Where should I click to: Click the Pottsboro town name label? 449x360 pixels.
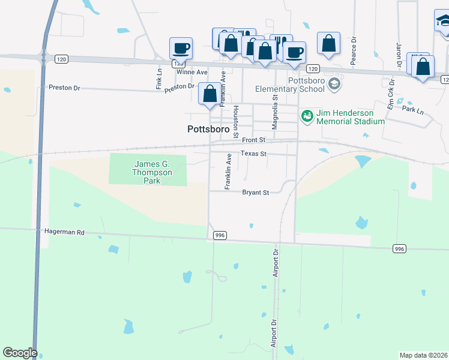(x=209, y=128)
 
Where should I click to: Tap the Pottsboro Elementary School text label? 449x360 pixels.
(x=306, y=85)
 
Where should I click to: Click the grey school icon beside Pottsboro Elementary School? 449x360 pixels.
(x=335, y=84)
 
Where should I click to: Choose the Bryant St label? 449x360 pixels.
(x=255, y=193)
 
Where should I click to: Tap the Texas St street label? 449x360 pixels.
(x=253, y=154)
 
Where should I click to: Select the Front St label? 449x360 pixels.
(x=254, y=140)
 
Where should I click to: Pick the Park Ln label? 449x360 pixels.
(x=412, y=110)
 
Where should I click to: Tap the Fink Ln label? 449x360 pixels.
(x=159, y=78)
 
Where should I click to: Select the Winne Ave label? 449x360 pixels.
(x=191, y=72)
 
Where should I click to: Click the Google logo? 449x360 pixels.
(x=20, y=353)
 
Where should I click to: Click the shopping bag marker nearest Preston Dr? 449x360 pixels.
(x=209, y=94)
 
